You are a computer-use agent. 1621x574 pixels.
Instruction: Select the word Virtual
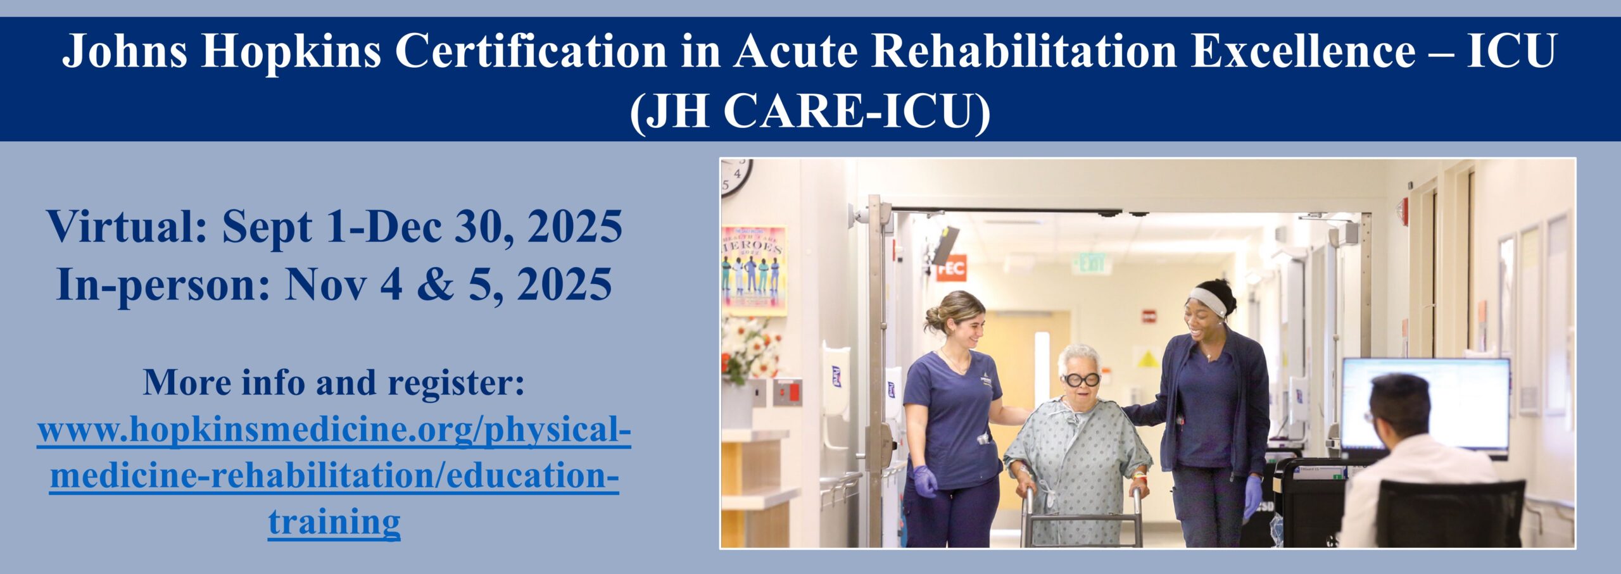[x=127, y=226]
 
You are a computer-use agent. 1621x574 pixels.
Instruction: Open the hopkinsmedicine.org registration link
[x=334, y=475]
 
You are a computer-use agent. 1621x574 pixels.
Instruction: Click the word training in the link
[x=334, y=522]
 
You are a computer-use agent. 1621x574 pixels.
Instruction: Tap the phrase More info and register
[x=334, y=382]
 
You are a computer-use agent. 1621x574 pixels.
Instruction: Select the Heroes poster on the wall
[x=754, y=270]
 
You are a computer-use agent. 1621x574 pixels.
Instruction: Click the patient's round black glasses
[x=1082, y=380]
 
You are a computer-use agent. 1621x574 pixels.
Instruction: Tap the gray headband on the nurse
[x=1208, y=301]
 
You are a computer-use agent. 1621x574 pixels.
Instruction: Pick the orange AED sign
[x=951, y=268]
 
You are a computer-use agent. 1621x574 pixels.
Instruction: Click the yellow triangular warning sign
[x=1148, y=359]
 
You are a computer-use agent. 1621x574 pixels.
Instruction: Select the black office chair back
[x=1450, y=514]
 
